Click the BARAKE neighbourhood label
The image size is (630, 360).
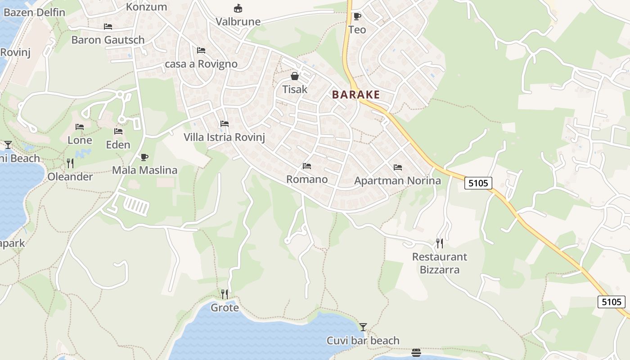pos(356,95)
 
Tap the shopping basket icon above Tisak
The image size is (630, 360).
pos(295,76)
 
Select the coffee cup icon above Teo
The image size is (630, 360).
pos(357,17)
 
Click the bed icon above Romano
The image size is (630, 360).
pos(307,166)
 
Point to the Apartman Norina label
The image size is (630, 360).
pos(397,181)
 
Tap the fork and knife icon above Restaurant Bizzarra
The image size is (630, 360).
pos(440,243)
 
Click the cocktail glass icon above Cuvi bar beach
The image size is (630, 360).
pos(363,327)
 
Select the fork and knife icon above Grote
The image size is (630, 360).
pos(225,294)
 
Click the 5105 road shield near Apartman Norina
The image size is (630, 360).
pos(478,183)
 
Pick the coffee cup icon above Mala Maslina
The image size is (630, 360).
pos(144,157)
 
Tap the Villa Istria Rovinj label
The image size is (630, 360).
pos(224,137)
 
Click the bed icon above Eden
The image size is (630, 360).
pos(118,131)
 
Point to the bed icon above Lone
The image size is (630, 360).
pos(80,127)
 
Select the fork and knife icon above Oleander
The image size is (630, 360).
pos(70,163)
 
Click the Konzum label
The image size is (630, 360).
pos(146,7)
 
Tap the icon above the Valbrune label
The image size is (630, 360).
pos(238,8)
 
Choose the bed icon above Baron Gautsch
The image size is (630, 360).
pos(108,27)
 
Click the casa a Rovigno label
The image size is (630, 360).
pos(201,64)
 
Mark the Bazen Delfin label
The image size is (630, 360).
pos(34,12)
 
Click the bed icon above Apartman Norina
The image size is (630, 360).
pos(397,167)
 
